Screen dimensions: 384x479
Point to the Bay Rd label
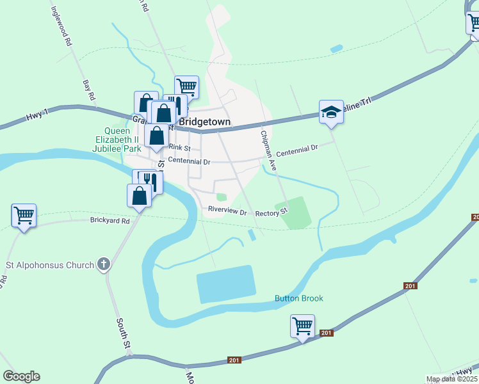(x=89, y=90)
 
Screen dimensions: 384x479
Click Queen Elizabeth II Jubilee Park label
(x=113, y=140)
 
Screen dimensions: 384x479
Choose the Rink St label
(x=180, y=147)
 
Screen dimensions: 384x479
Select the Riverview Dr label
(x=227, y=211)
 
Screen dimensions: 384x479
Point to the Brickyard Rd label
(x=110, y=221)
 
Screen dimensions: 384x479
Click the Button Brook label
(x=299, y=298)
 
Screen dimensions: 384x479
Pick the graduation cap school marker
(x=331, y=112)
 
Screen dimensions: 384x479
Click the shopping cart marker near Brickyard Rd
(x=24, y=216)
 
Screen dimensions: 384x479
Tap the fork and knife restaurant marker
(x=149, y=181)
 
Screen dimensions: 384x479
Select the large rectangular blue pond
(x=227, y=285)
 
